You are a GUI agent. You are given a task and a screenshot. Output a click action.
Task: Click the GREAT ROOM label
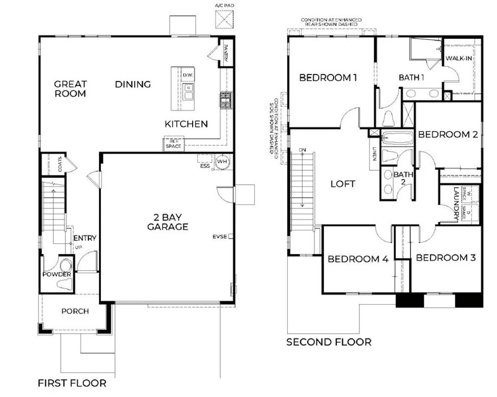click(x=70, y=89)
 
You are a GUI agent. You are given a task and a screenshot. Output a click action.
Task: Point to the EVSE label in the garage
click(x=219, y=237)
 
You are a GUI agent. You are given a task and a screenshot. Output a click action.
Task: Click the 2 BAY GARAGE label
click(x=167, y=222)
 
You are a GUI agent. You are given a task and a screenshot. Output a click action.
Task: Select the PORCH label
click(x=75, y=311)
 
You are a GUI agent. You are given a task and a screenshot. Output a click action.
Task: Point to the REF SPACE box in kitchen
click(x=173, y=143)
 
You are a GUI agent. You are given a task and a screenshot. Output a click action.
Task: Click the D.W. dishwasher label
click(x=188, y=75)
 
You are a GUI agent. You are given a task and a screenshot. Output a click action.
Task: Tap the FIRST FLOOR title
click(x=72, y=383)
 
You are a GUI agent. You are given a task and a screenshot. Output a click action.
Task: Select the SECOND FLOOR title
click(x=329, y=342)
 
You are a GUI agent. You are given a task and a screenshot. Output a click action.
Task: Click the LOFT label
click(x=343, y=184)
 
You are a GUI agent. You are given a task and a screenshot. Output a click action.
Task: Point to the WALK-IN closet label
click(x=459, y=58)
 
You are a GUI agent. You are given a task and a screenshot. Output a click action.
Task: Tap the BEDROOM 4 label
click(x=358, y=259)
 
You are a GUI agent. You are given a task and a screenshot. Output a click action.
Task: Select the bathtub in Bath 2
click(x=397, y=138)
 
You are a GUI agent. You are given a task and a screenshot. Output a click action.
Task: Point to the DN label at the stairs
click(x=302, y=150)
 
